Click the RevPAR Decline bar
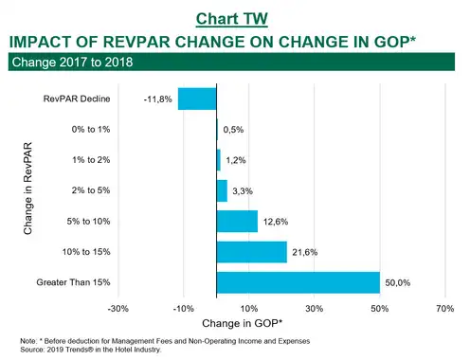click(197, 99)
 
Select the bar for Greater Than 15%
click(298, 282)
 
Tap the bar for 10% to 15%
click(252, 252)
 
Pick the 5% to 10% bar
click(237, 222)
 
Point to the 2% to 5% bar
click(222, 190)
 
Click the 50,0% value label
click(398, 282)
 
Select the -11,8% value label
click(158, 99)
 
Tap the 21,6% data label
click(305, 252)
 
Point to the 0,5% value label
click(233, 130)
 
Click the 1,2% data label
click(236, 160)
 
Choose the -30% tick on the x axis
click(118, 309)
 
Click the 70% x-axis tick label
click(445, 309)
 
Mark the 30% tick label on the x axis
click(315, 309)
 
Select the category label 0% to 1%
click(91, 129)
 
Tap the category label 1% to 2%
click(91, 160)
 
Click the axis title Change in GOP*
click(242, 323)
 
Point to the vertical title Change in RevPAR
click(27, 189)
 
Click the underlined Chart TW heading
click(232, 19)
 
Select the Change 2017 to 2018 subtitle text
click(72, 62)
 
